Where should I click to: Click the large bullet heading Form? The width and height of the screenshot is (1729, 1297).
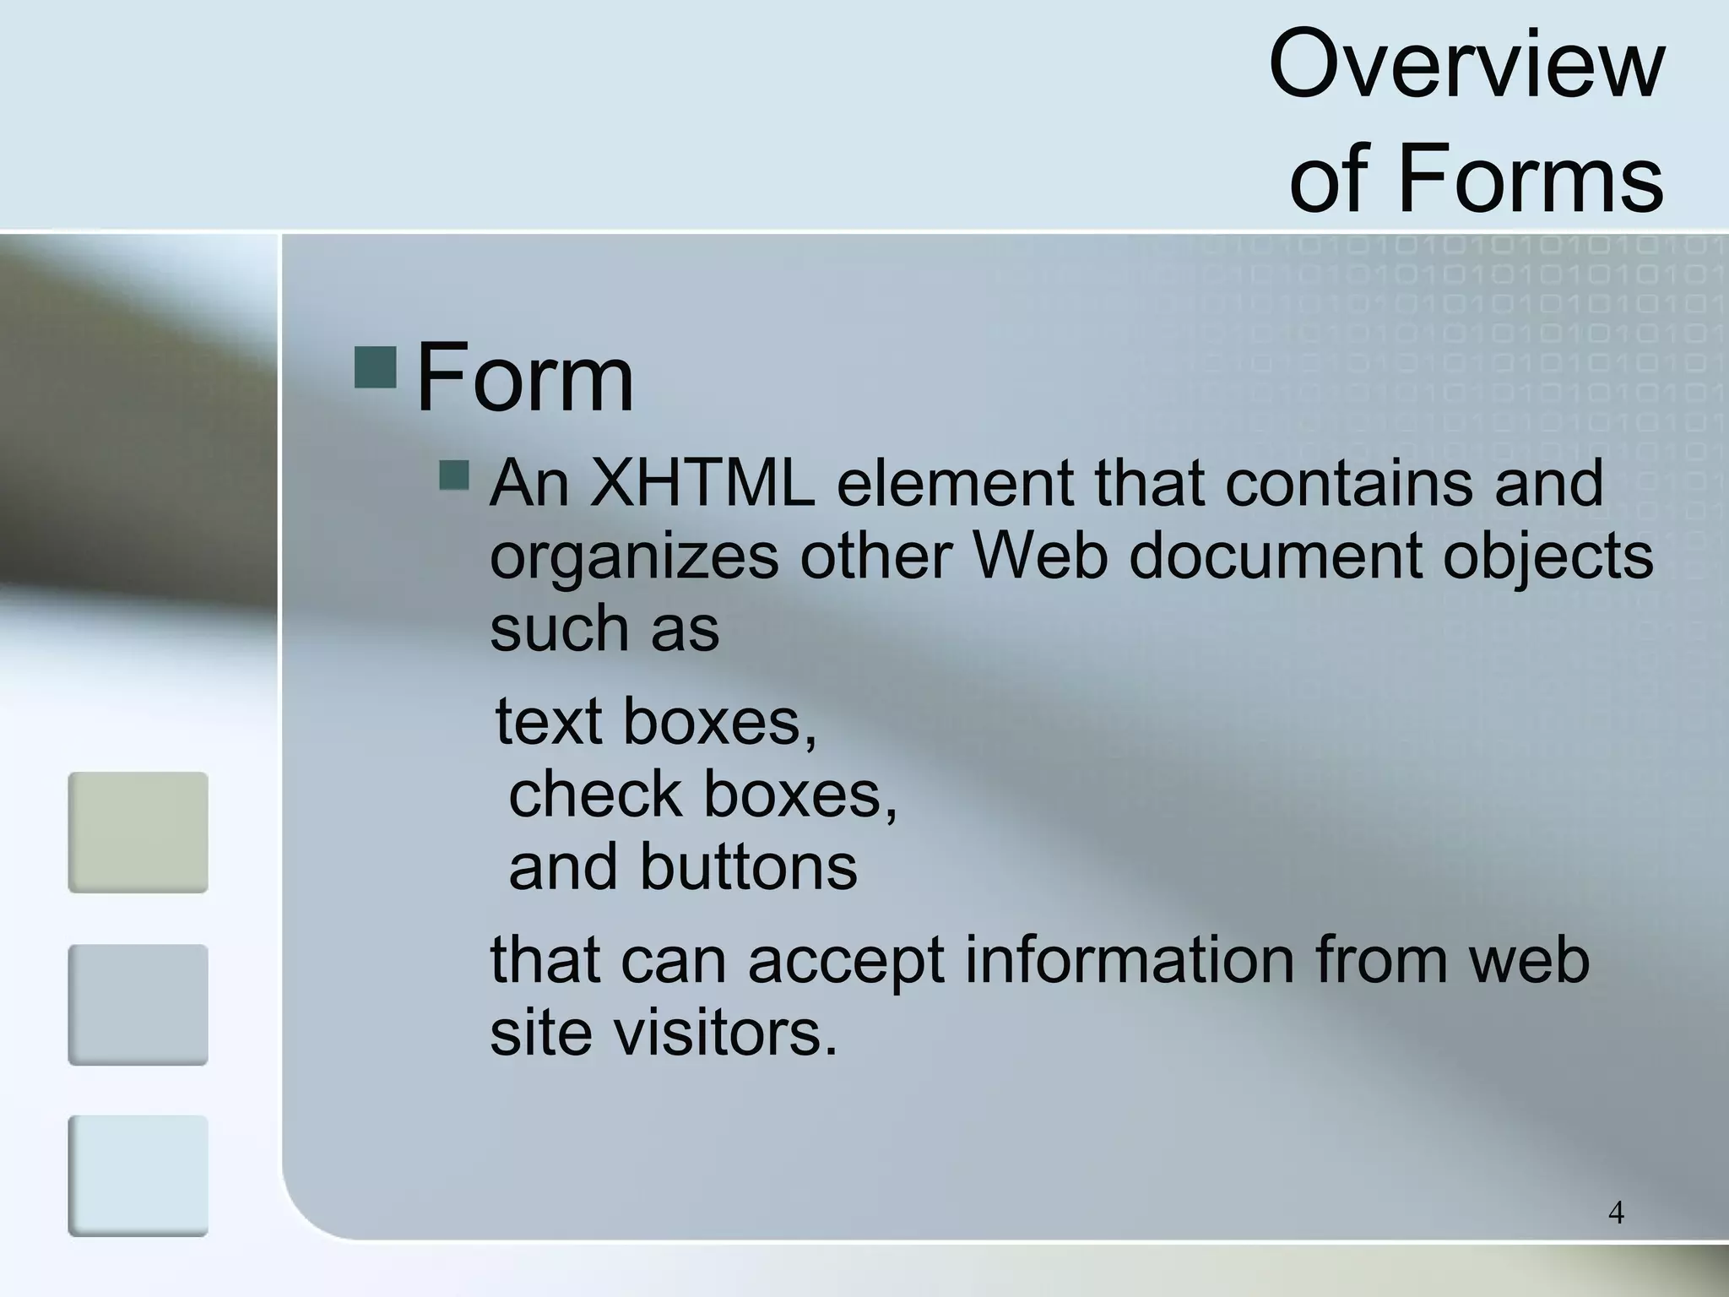(x=524, y=377)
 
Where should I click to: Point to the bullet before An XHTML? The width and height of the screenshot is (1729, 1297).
(x=454, y=475)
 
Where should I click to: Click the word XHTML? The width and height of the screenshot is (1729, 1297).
(x=702, y=483)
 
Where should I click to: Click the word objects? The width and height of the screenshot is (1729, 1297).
(x=1547, y=557)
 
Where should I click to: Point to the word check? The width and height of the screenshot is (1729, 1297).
(x=594, y=795)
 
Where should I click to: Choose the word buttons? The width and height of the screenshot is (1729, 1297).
(x=748, y=868)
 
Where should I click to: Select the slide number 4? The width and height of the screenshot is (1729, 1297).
(x=1616, y=1213)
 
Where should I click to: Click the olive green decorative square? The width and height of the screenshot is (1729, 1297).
(x=138, y=832)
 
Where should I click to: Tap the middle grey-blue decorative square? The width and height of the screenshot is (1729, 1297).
(x=138, y=1004)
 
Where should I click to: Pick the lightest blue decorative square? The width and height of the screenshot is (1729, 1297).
(x=138, y=1175)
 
